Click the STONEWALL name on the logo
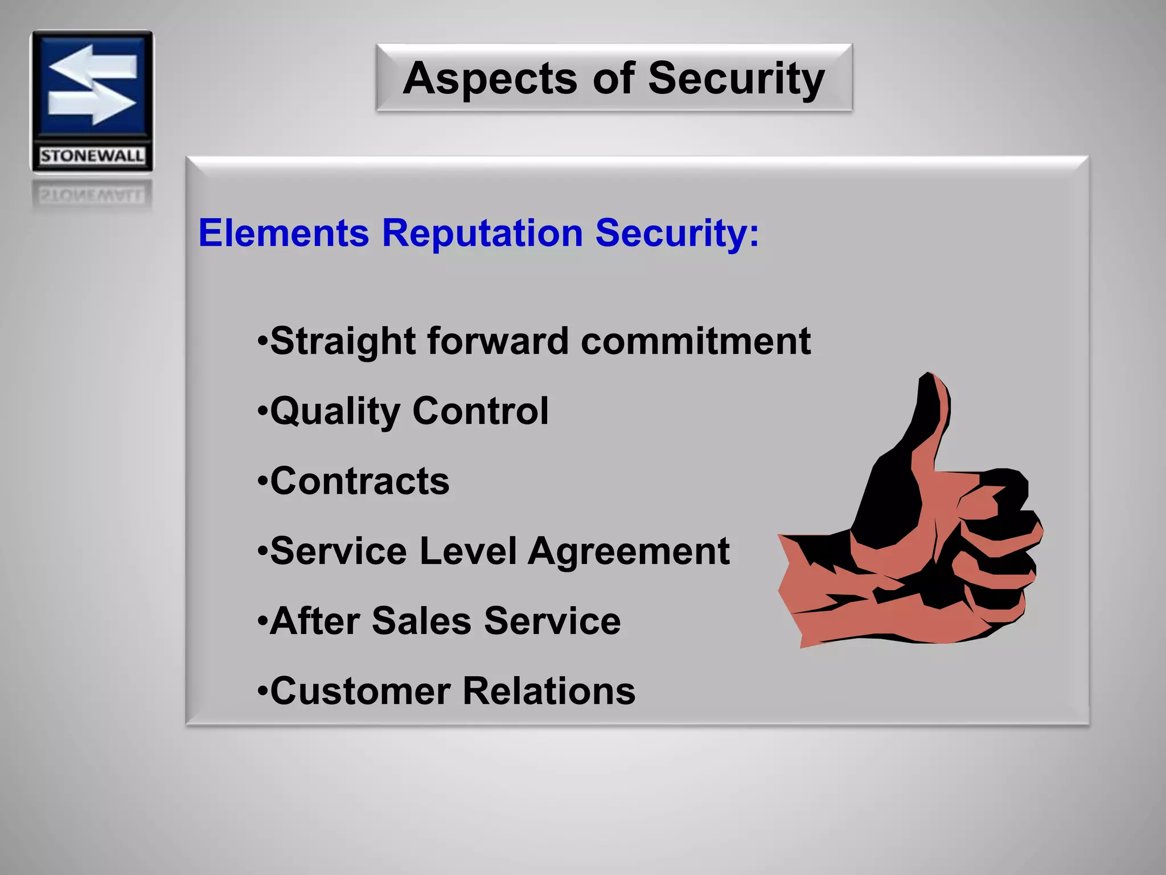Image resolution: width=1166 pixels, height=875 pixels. click(x=92, y=156)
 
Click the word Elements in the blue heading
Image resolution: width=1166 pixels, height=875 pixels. click(x=284, y=233)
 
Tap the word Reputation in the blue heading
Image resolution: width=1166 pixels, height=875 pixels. click(x=482, y=233)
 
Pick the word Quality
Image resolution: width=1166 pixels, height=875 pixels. click(x=335, y=411)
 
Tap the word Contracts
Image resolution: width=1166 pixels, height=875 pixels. click(x=360, y=481)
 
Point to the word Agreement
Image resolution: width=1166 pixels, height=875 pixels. click(x=629, y=552)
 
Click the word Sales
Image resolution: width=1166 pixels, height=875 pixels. click(x=421, y=621)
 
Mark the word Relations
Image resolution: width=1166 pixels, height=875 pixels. click(x=549, y=691)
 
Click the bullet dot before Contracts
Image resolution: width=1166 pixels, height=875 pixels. click(x=262, y=482)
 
